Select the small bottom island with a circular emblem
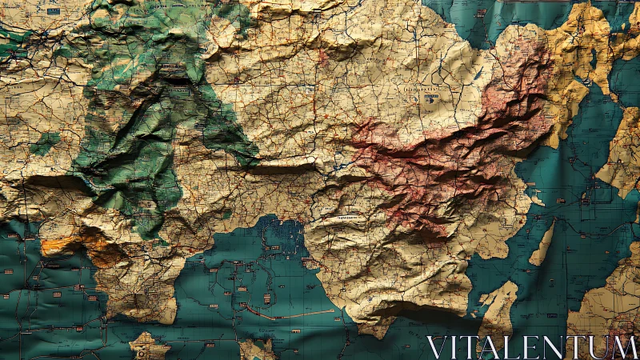click(x=149, y=346)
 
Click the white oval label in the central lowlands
click(x=345, y=216)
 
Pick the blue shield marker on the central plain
click(x=431, y=98)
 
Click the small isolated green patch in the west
click(x=45, y=144)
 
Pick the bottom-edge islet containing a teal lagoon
click(x=256, y=349)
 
